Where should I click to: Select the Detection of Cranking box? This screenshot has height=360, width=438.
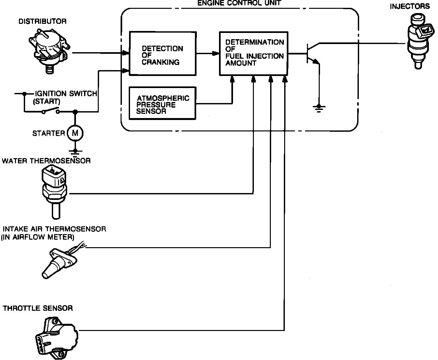pyautogui.click(x=163, y=54)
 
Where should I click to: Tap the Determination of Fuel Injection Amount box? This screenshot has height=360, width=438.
pyautogui.click(x=254, y=53)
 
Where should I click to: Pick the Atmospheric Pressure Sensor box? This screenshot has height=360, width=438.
pyautogui.click(x=163, y=103)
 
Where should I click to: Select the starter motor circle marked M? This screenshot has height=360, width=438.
pyautogui.click(x=75, y=133)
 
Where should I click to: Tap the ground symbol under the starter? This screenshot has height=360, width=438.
pyautogui.click(x=75, y=152)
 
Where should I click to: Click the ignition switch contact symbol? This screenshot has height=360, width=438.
pyautogui.click(x=51, y=111)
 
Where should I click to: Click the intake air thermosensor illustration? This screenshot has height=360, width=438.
pyautogui.click(x=60, y=262)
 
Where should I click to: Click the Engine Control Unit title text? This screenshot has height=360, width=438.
pyautogui.click(x=239, y=3)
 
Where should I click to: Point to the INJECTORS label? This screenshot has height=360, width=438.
pyautogui.click(x=410, y=6)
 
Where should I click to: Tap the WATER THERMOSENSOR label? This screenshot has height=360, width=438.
pyautogui.click(x=46, y=161)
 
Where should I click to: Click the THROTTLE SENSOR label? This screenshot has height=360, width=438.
pyautogui.click(x=38, y=308)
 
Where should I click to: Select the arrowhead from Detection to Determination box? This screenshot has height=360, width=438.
pyautogui.click(x=215, y=53)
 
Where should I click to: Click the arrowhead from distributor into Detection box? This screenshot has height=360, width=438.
pyautogui.click(x=125, y=53)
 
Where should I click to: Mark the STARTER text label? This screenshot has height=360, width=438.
pyautogui.click(x=49, y=133)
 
